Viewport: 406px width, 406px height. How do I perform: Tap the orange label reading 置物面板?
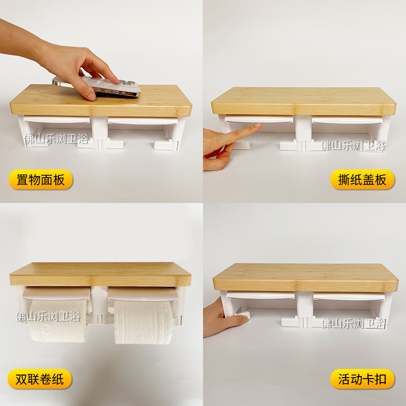tap(41, 180)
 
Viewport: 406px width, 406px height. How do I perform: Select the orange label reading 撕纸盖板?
tap(362, 180)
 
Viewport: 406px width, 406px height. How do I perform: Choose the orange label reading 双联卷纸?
tap(40, 379)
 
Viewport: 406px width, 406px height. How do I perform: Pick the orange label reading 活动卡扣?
tap(362, 379)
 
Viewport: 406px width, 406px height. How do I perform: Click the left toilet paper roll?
tap(59, 320)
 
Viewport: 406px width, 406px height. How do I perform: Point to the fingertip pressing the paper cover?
tap(257, 127)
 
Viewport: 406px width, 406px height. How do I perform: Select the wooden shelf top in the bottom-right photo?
tap(305, 277)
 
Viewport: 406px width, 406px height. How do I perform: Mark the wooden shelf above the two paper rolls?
tap(100, 274)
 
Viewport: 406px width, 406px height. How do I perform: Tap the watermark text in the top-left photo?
tap(57, 138)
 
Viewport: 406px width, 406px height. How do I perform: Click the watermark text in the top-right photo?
tap(353, 146)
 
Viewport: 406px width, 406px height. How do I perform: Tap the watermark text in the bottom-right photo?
tap(353, 322)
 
